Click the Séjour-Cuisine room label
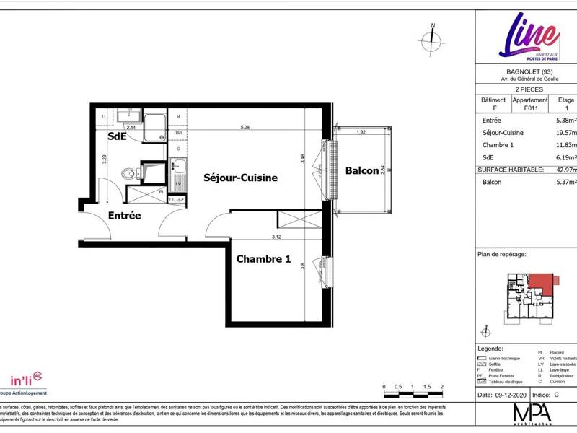point(240,177)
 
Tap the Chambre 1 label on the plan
point(263,259)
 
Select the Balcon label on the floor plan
point(362,171)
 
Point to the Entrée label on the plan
point(124,215)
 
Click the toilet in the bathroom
point(128,173)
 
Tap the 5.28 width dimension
point(245,128)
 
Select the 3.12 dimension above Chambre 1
point(276,237)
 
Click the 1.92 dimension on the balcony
point(362,132)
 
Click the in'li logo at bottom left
point(26,380)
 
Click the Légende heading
point(491,348)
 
